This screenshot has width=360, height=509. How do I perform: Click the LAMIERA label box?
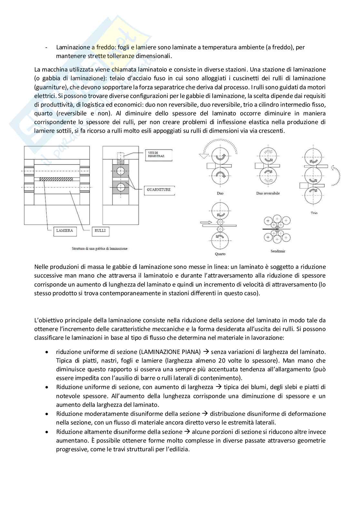pos(65,230)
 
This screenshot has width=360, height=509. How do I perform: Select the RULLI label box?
pos(100,230)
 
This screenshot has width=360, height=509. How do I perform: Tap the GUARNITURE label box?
pos(159,190)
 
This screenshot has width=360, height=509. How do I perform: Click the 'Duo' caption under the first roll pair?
pos(220,193)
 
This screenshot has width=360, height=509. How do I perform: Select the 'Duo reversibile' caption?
pos(268,193)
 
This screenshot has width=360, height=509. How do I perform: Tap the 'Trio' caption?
pos(314,213)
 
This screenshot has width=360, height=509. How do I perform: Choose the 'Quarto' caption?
pos(220,254)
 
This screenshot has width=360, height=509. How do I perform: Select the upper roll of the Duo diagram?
pos(220,157)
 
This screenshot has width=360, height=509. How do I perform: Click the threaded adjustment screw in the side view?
pos(121,157)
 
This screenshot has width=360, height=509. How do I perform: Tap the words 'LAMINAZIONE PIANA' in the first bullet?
pos(172,352)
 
